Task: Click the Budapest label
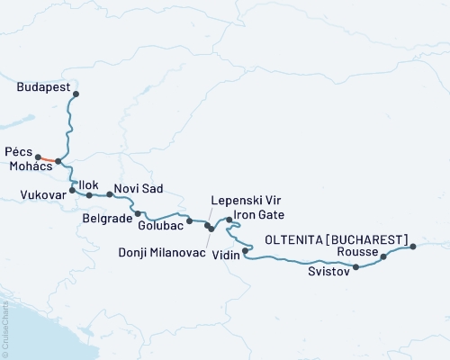[x=44, y=88]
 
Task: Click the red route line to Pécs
[x=48, y=159]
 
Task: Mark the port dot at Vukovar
[x=72, y=191]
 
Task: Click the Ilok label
[x=88, y=184]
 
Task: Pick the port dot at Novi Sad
[x=110, y=194]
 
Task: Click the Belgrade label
[x=106, y=217]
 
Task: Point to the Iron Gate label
[x=260, y=216]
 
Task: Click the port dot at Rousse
[x=383, y=256]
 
